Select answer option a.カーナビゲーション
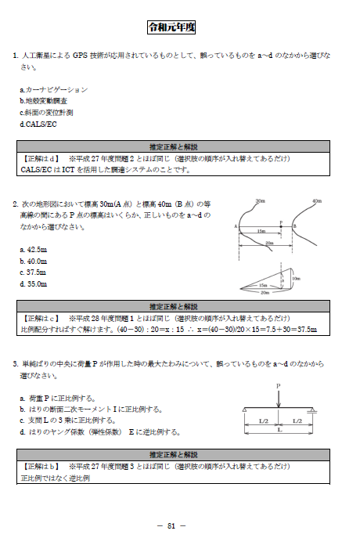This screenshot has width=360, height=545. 54,90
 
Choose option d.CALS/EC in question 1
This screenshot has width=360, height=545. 38,124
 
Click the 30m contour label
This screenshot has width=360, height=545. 260,201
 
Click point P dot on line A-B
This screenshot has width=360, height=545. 281,226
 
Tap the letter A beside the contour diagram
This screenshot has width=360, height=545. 236,226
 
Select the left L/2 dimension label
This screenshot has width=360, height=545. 261,421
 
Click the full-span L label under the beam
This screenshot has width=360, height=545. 279,431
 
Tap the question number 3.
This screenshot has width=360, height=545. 15,364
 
